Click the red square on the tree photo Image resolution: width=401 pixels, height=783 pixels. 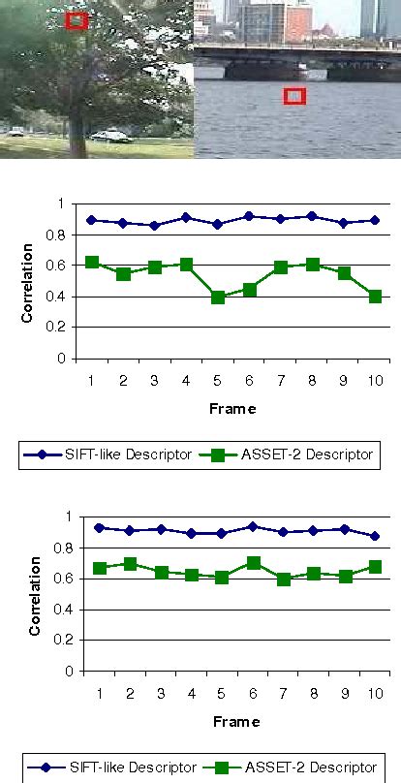pyautogui.click(x=77, y=19)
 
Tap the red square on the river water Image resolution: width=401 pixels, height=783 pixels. pyautogui.click(x=295, y=96)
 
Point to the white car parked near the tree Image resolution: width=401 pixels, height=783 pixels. pyautogui.click(x=109, y=137)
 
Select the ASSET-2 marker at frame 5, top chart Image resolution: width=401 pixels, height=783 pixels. pyautogui.click(x=218, y=297)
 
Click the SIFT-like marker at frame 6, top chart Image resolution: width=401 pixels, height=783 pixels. pyautogui.click(x=249, y=216)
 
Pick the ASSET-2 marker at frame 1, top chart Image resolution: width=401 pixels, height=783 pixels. pyautogui.click(x=91, y=263)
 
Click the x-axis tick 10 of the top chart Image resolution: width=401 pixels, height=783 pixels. pyautogui.click(x=375, y=380)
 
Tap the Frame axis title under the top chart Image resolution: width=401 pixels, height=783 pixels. pyautogui.click(x=232, y=409)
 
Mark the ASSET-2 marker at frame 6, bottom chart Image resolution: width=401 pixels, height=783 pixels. pyautogui.click(x=249, y=563)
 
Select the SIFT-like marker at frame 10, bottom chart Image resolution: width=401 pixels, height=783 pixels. pyautogui.click(x=375, y=536)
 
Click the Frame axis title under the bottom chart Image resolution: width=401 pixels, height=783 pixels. pyautogui.click(x=232, y=722)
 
